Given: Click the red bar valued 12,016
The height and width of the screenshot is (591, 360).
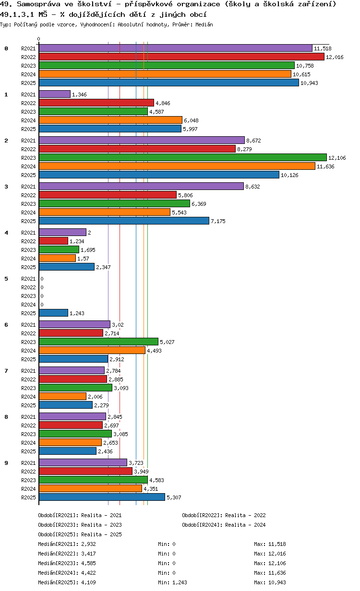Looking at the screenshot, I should point(181,57).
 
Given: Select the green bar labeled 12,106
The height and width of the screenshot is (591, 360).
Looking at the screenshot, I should point(182,157).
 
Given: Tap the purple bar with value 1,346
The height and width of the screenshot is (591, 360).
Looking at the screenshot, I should point(54,94).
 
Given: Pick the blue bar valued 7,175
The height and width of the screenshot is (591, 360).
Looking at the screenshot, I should point(124,221).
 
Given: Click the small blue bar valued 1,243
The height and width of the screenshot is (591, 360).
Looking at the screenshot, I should point(53,313).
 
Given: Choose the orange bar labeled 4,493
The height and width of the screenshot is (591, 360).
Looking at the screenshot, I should point(92,350).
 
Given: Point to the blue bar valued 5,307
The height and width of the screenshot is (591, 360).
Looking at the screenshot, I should point(102,497).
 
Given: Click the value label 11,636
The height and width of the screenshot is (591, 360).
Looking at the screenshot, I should point(325,166).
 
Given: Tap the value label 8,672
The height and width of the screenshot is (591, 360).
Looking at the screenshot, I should point(254,141).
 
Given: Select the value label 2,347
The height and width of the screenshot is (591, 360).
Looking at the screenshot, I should point(103,267).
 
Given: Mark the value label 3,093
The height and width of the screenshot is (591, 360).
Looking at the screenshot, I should point(121,388).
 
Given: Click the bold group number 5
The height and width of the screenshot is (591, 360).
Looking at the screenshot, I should point(6,278).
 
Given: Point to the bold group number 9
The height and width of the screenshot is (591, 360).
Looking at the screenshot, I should point(6,462).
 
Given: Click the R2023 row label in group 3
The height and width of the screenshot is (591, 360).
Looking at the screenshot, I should point(28,204).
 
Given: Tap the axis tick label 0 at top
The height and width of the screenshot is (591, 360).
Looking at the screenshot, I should point(39,39).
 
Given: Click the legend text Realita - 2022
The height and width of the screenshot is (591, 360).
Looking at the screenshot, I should point(245,515).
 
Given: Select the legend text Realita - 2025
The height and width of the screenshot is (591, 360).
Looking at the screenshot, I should point(101,534).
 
